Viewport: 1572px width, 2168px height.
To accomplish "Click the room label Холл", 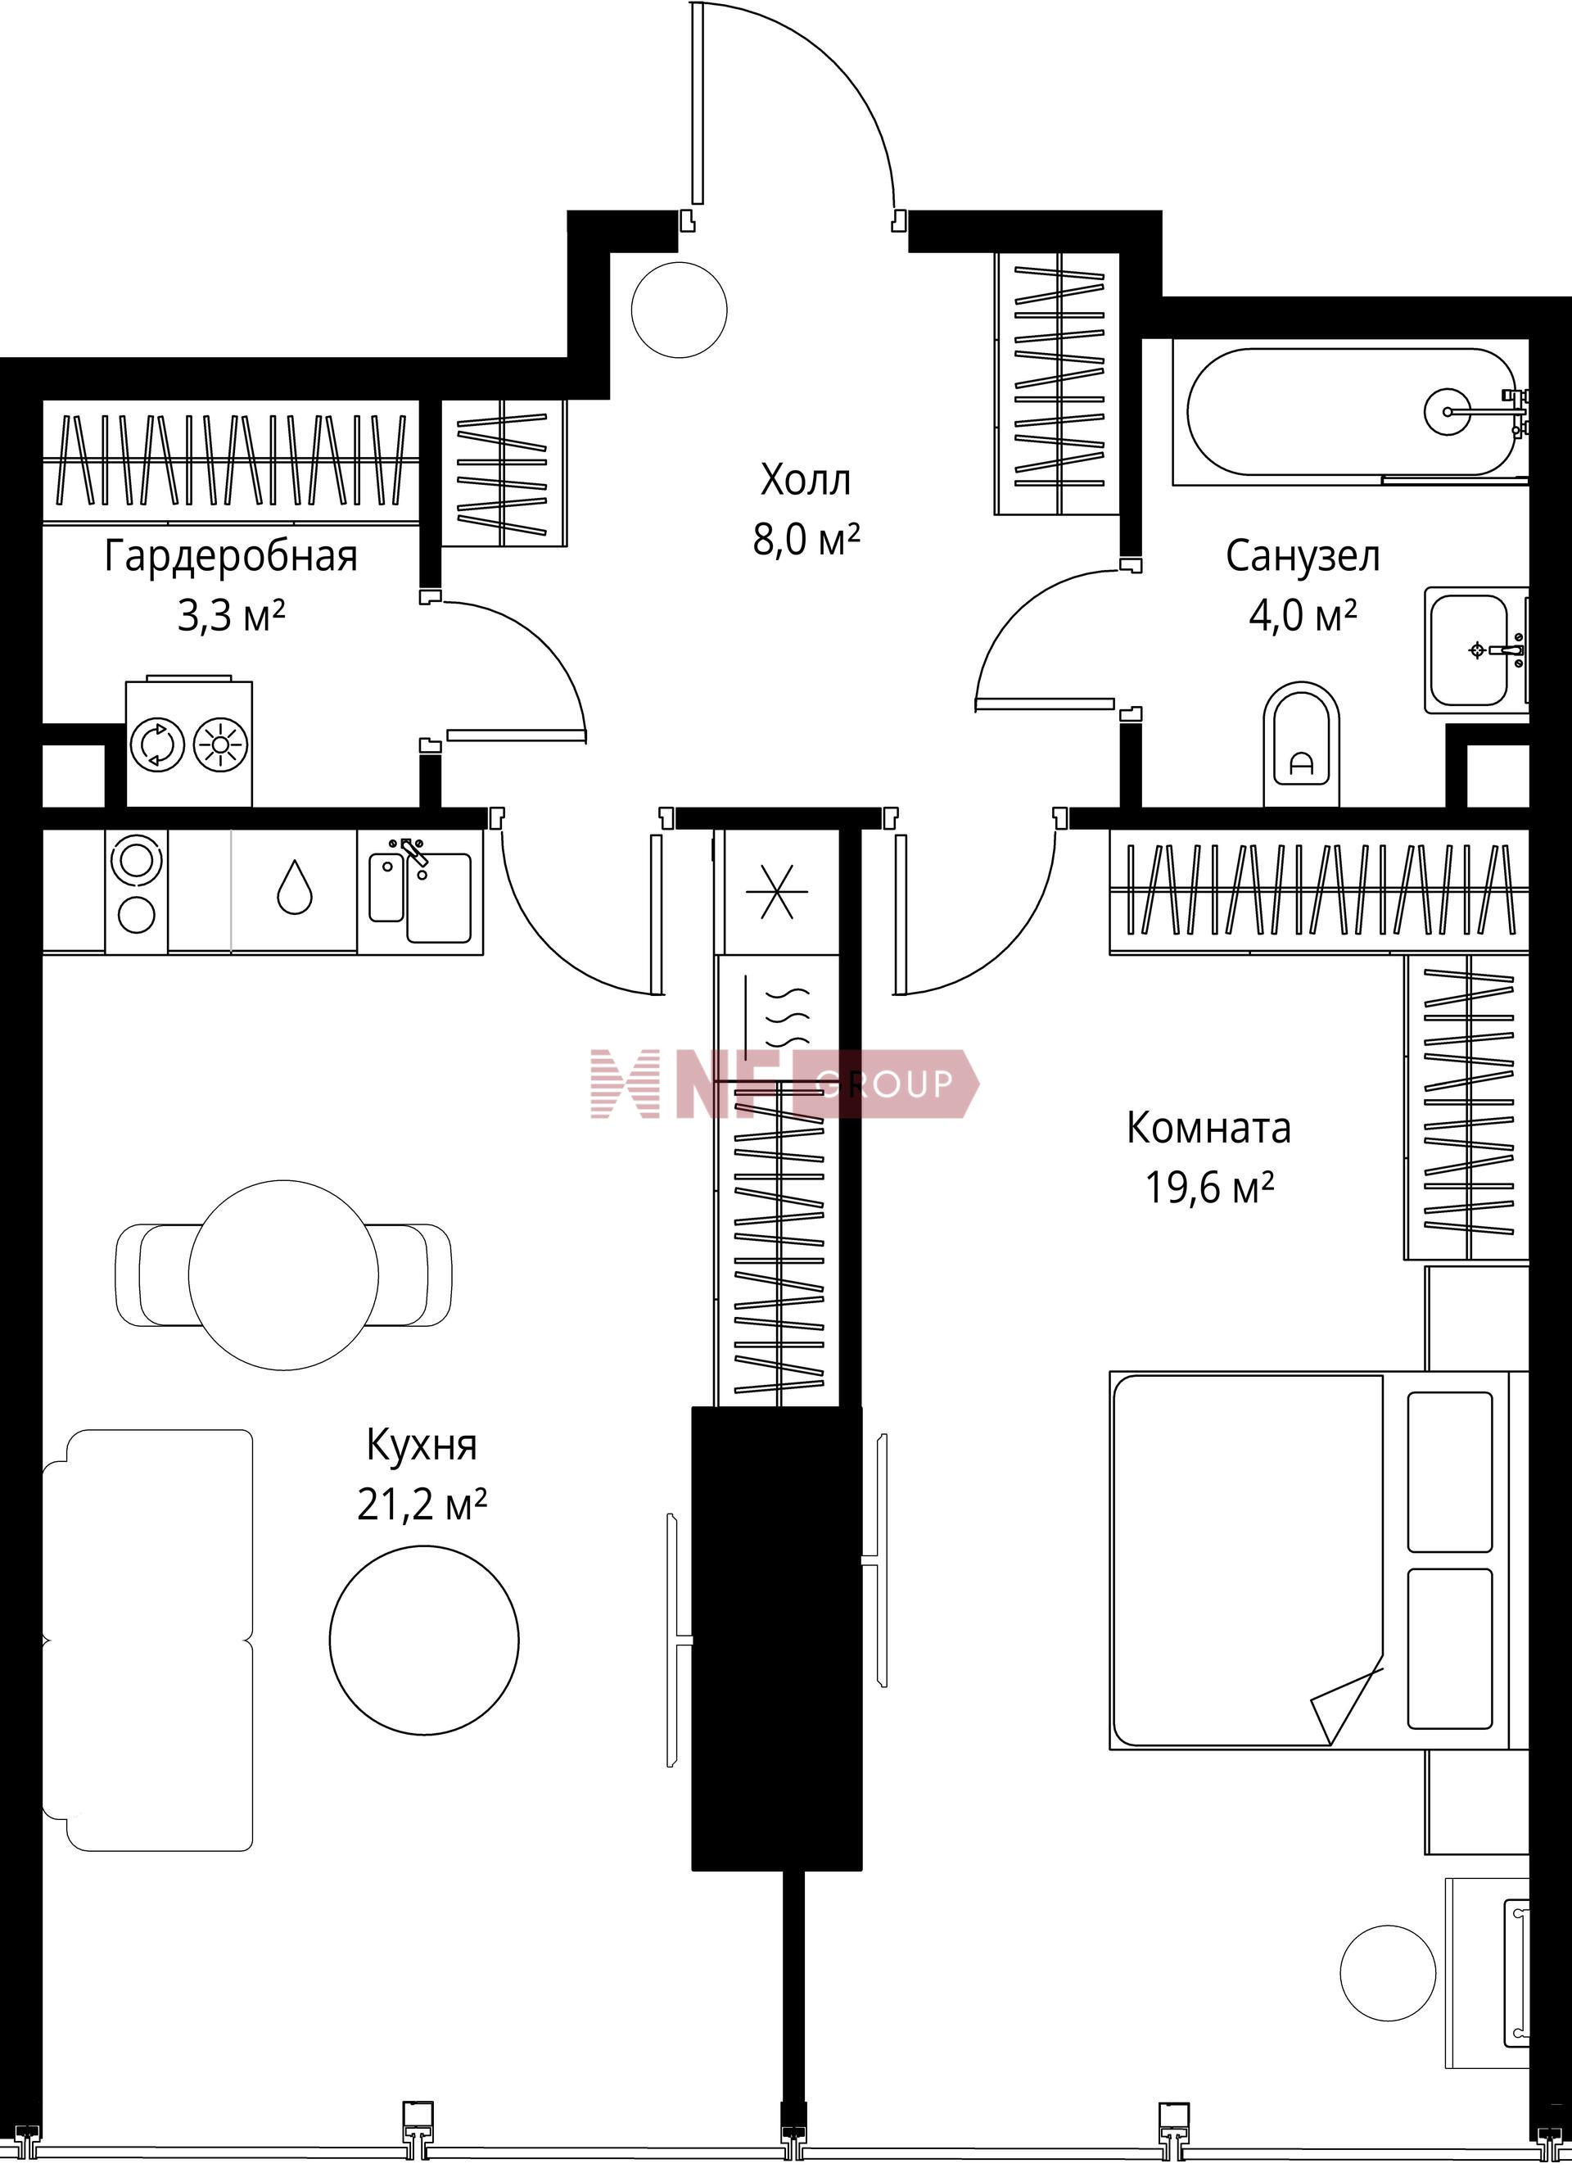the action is pyautogui.click(x=805, y=480).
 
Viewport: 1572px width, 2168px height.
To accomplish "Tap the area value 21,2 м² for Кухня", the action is pyautogui.click(x=422, y=1505).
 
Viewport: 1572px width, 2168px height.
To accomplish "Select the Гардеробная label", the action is pyautogui.click(x=230, y=556).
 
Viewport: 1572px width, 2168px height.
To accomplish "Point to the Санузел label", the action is pyautogui.click(x=1303, y=555).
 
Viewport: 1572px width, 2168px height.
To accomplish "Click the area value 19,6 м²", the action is pyautogui.click(x=1208, y=1188).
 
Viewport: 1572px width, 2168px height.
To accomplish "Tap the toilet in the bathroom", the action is pyautogui.click(x=1302, y=745).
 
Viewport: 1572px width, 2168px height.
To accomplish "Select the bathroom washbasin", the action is pyautogui.click(x=1475, y=650).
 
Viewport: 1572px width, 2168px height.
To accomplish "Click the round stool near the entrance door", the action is pyautogui.click(x=680, y=310).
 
